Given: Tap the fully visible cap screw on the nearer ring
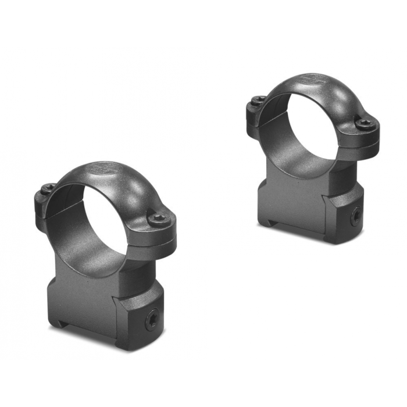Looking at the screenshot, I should (159, 219).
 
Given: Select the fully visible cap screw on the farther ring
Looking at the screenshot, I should (365, 123).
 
